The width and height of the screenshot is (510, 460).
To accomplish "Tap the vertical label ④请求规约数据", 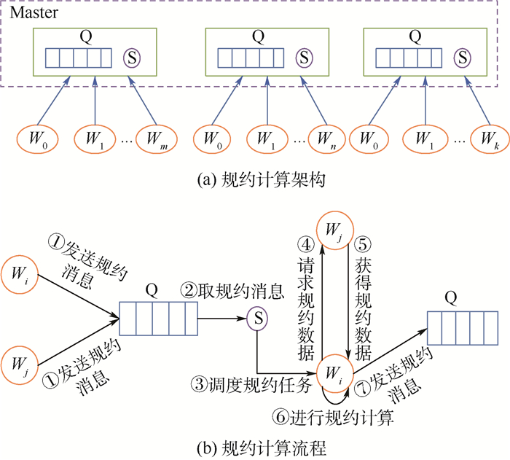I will [306, 299].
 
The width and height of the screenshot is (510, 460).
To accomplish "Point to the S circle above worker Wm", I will [131, 57].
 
